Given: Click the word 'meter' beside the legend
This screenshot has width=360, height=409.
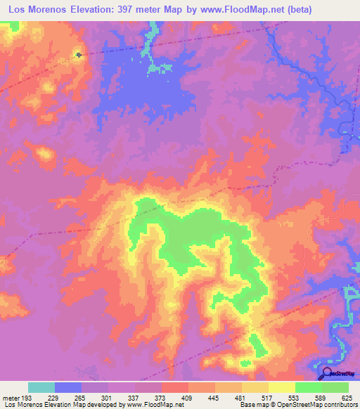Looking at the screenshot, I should pos(11,398).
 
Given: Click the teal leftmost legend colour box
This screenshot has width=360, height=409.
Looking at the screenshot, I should pos(41,387).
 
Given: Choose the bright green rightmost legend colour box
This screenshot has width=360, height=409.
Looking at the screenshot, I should pos(335,387).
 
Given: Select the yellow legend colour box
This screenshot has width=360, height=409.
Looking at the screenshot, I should pos(282,387).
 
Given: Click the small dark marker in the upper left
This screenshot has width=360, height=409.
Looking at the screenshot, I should pos(79,54).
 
